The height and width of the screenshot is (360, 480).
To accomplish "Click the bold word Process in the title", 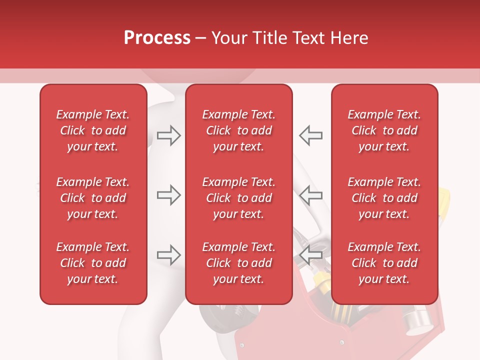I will point(157,38).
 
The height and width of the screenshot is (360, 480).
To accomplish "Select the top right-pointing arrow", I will point(168,135).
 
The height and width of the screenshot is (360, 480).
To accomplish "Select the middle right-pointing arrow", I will point(168,195).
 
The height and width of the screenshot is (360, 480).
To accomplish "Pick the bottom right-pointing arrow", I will point(168,255).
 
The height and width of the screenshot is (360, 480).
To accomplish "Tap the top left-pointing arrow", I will point(311,135).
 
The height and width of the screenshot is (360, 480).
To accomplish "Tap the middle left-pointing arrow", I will point(311,195).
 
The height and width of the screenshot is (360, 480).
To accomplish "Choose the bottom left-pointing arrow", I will point(311,255).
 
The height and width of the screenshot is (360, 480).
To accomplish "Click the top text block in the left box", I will point(93,130).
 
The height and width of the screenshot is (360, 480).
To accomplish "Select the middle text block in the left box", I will point(93,198).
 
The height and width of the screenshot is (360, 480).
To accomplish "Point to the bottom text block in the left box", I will point(93,263).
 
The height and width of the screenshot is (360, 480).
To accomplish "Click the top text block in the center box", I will point(238,130).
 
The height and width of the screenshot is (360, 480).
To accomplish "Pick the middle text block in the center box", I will point(238,198).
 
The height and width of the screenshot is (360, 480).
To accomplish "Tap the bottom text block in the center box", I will point(238,263).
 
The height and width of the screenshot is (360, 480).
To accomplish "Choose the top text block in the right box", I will point(384,130).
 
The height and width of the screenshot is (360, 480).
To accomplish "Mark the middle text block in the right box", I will point(384,198).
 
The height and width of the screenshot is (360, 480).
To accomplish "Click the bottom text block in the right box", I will point(384,263).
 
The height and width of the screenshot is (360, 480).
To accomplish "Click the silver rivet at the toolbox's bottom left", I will point(242,345).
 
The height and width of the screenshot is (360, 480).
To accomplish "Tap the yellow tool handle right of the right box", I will point(443,200).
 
